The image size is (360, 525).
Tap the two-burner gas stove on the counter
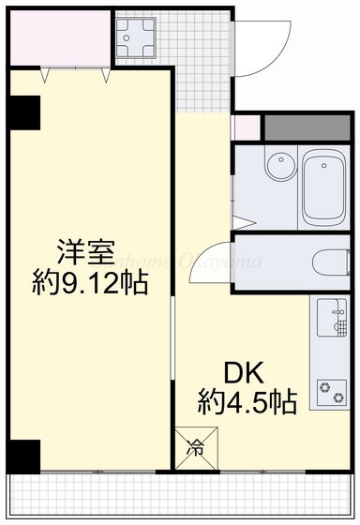(x=333, y=390)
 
